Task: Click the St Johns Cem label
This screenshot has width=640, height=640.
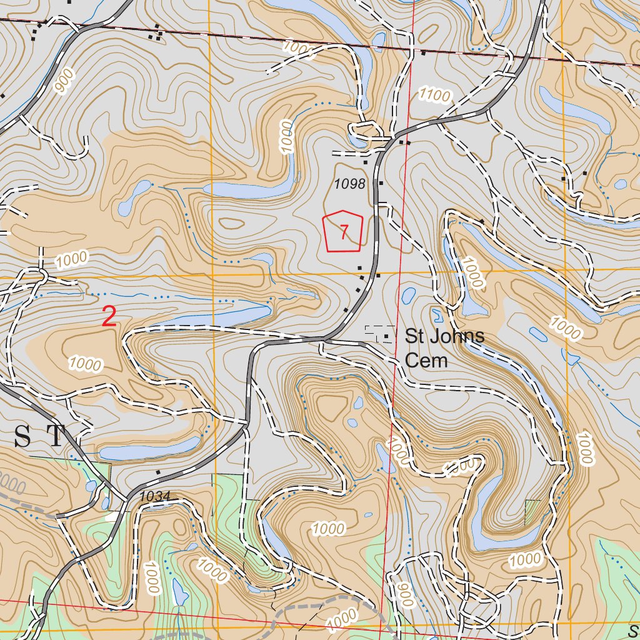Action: coord(444,347)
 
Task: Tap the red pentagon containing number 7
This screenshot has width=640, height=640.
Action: coord(342,232)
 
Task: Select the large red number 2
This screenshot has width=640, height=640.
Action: coord(109,317)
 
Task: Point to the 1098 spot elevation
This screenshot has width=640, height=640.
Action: coord(349,184)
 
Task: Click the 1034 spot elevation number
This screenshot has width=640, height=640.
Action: coord(155,496)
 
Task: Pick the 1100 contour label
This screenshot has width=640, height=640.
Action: coord(435,95)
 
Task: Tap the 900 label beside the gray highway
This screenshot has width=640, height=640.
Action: coord(64,81)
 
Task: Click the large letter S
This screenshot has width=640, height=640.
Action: coord(22,436)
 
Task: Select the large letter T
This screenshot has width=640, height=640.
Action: coord(56,436)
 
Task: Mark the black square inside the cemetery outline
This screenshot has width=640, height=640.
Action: coord(387,337)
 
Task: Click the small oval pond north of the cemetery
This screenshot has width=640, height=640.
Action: coord(409,294)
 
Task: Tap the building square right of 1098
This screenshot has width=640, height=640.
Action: coord(381,183)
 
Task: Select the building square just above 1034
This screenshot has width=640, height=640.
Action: coord(158,472)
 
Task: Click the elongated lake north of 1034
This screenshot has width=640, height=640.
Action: coord(150,448)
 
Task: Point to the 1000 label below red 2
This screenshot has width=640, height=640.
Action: coord(86,363)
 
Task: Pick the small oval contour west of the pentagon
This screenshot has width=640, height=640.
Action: coord(231,223)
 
